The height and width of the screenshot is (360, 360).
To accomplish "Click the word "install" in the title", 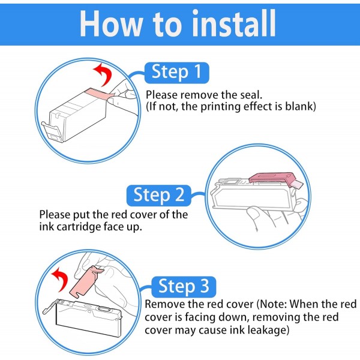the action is [234, 23].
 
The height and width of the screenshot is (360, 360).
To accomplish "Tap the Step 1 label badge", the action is [177, 73].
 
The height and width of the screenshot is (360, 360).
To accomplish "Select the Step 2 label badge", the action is [159, 196].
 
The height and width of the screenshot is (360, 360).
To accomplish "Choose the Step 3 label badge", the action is [184, 287].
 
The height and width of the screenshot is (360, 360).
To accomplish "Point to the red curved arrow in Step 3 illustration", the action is [62, 278].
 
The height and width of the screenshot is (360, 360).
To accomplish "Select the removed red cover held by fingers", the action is [85, 281].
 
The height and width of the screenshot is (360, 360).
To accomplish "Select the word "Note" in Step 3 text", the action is [272, 304].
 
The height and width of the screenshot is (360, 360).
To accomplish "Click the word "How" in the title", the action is [110, 23].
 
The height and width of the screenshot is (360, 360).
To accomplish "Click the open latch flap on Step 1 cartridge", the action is [52, 131].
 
